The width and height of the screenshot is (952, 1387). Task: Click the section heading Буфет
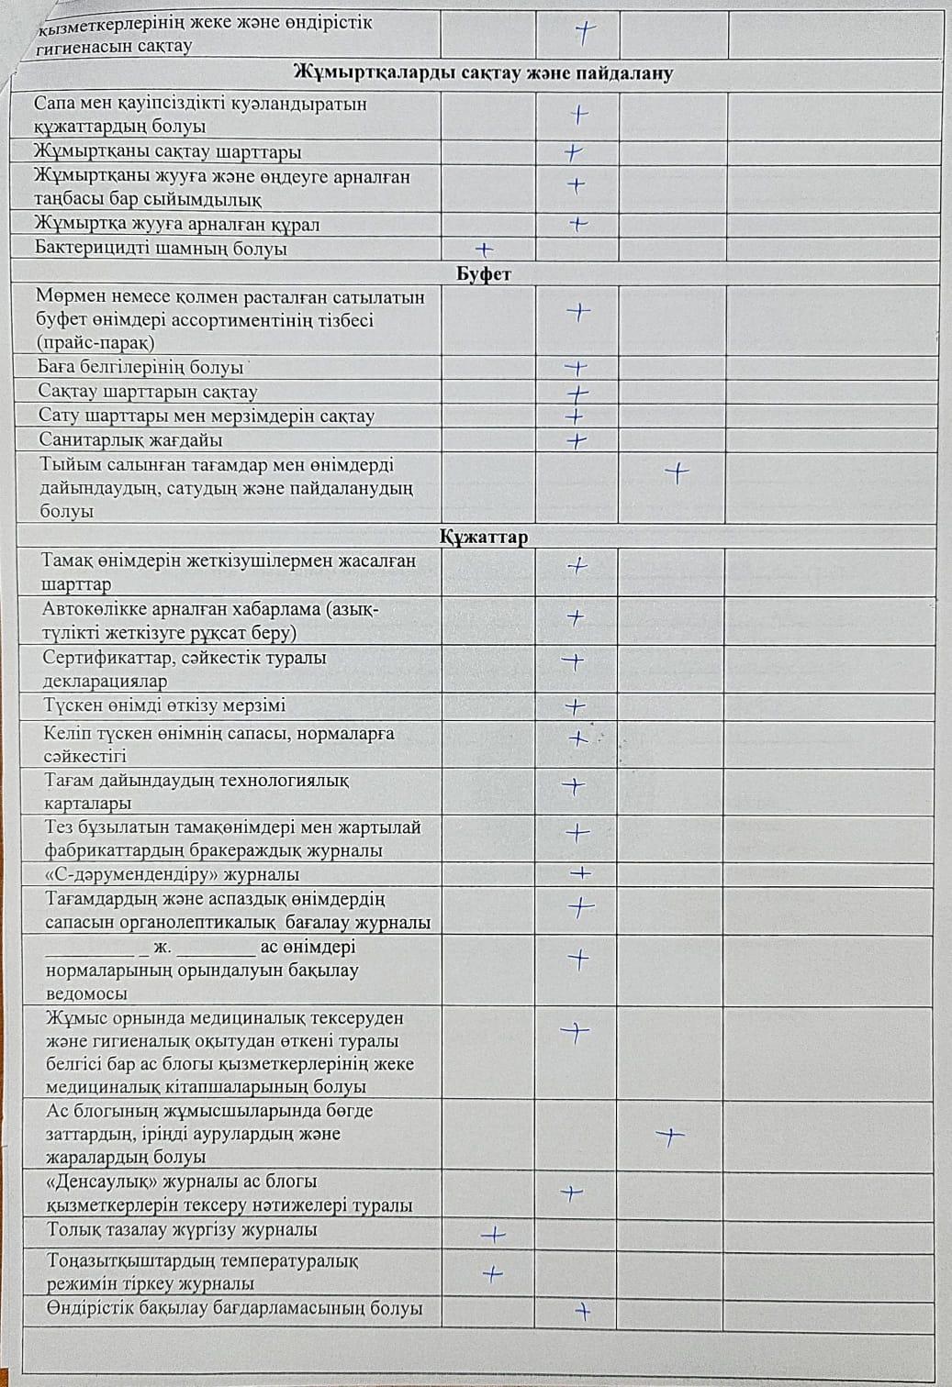click(x=484, y=273)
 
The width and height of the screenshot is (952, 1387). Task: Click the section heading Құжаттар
click(x=484, y=537)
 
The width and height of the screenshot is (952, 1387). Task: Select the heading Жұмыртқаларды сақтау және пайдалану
click(x=483, y=73)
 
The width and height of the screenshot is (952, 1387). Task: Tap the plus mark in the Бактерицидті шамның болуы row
click(x=484, y=249)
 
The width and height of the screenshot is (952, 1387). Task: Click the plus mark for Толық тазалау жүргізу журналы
click(x=493, y=1235)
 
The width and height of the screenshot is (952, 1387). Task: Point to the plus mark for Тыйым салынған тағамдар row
click(x=677, y=473)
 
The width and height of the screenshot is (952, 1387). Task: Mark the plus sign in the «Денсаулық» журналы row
click(x=572, y=1193)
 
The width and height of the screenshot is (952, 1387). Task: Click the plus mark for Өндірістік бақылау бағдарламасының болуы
click(x=581, y=1311)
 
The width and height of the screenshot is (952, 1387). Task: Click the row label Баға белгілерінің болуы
click(x=140, y=368)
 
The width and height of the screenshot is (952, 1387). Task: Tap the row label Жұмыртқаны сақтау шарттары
click(x=167, y=152)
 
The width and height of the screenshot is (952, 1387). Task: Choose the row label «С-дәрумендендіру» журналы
click(x=173, y=875)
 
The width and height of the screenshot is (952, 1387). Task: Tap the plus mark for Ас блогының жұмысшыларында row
click(x=670, y=1137)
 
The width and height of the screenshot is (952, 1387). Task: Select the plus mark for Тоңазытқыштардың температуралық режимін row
click(x=493, y=1273)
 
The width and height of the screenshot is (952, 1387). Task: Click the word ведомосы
click(x=87, y=993)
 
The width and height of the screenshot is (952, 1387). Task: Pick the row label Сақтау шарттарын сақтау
click(x=148, y=392)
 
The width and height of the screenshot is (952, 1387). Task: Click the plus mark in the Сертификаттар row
click(x=574, y=660)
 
